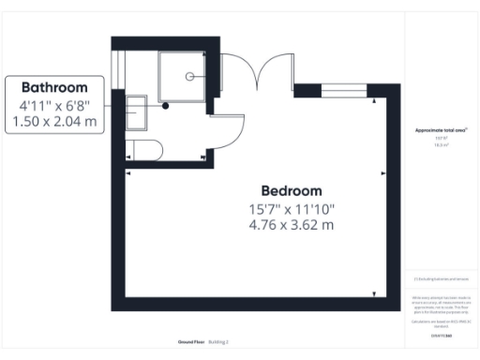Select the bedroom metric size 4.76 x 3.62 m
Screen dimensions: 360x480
click(291, 225)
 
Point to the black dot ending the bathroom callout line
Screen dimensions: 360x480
click(166, 106)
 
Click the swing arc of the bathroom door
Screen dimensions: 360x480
click(234, 127)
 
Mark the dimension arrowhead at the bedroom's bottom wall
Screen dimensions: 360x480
click(374, 294)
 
